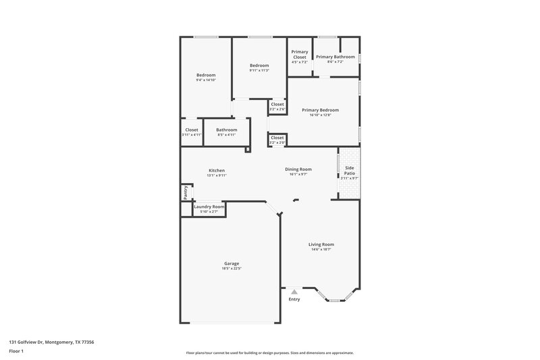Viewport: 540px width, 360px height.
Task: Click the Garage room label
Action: (231, 263)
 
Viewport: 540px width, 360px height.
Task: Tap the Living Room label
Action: (321, 245)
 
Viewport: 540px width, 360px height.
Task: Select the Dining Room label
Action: (298, 169)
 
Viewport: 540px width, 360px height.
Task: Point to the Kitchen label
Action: (216, 170)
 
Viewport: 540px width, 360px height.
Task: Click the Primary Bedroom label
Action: (320, 109)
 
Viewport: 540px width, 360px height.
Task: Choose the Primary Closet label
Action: (299, 55)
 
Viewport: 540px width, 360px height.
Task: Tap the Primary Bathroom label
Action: (335, 57)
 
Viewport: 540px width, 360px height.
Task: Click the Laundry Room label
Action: (209, 206)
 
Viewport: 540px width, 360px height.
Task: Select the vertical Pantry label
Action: (185, 192)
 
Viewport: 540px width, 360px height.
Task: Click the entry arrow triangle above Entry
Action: (294, 292)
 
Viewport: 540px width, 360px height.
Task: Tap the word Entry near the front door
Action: (294, 299)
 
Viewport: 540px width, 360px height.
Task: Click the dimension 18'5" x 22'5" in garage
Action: (231, 269)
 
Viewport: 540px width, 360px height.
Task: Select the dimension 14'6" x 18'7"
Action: (321, 250)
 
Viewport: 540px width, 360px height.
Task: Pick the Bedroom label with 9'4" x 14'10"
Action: (205, 75)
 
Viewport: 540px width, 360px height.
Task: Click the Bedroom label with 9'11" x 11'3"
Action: (259, 66)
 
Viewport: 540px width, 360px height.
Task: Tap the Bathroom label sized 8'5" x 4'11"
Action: (226, 130)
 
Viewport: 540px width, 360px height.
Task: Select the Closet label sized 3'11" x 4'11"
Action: (192, 130)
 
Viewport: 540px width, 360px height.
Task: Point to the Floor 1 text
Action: (17, 352)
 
